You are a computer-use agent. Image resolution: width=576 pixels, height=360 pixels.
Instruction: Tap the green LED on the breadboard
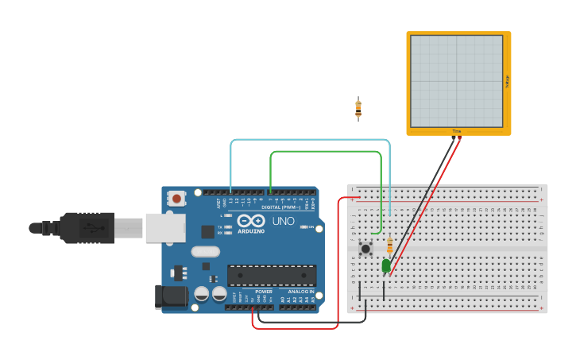pos(386,265)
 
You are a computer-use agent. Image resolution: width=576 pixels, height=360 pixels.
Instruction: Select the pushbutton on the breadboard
pos(365,249)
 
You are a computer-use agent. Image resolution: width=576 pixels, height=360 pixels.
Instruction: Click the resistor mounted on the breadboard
pos(389,245)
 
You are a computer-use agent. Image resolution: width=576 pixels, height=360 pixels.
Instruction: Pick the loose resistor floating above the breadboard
pos(358,109)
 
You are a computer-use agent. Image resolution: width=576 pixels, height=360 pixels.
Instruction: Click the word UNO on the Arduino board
pos(284,221)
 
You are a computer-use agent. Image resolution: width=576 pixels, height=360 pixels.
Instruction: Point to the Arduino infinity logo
pos(250,222)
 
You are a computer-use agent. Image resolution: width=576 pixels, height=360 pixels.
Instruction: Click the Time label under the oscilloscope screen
pos(457,131)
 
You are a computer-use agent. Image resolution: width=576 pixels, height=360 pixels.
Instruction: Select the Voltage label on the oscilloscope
pos(507,81)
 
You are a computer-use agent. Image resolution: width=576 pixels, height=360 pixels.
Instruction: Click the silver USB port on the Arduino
pos(165,228)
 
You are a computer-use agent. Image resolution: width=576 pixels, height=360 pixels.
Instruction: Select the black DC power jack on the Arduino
pos(172,296)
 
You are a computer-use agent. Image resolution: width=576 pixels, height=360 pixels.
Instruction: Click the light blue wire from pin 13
pos(310,140)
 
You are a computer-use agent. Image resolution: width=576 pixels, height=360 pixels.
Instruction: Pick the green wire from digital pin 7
pos(326,152)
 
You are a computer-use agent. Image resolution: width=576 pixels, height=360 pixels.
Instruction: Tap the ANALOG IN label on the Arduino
pos(300,292)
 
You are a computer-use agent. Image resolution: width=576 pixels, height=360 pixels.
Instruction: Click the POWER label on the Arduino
pos(264,292)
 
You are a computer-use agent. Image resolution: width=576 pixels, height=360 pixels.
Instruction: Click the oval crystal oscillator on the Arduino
pos(204,252)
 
